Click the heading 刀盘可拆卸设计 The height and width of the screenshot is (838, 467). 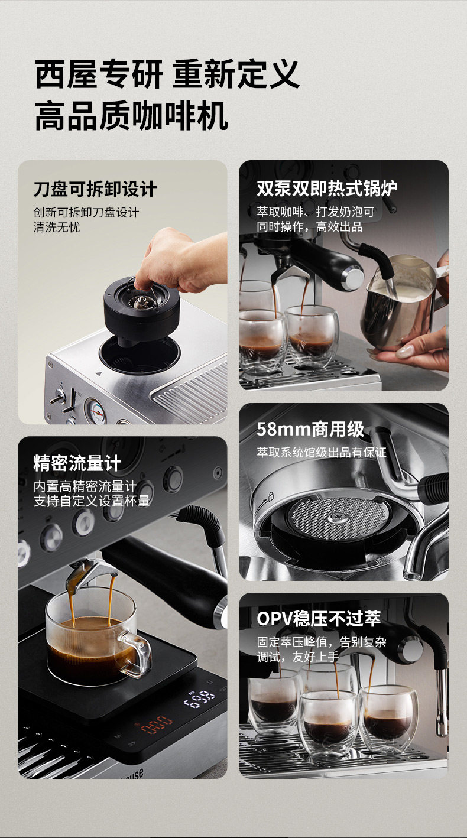(x=95, y=189)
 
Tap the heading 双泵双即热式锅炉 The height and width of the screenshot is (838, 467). (x=327, y=188)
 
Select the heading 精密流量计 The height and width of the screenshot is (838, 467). (x=77, y=463)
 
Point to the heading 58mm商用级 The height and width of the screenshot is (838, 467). (x=310, y=429)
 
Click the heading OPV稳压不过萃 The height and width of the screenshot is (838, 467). (x=319, y=618)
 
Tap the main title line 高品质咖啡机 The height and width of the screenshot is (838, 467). (x=131, y=116)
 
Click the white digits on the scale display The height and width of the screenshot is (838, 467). (x=199, y=699)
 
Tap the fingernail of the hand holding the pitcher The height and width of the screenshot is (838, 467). (x=404, y=352)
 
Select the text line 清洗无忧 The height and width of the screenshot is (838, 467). (x=57, y=227)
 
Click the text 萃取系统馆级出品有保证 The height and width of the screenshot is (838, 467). (x=322, y=453)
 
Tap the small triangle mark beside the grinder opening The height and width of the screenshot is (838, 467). (x=98, y=373)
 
